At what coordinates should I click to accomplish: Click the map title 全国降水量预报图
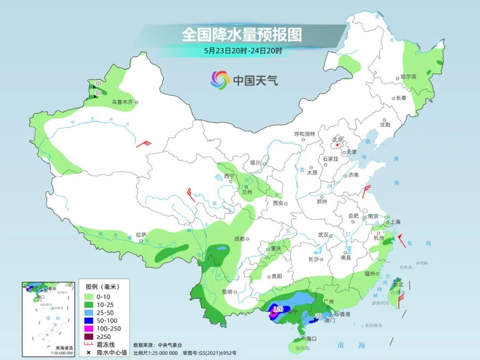coord(242,34)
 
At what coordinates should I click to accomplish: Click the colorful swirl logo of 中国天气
coord(220,80)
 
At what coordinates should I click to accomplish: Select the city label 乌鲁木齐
coord(122,102)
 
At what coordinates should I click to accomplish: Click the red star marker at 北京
coord(338,145)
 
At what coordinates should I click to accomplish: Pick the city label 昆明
coord(227,292)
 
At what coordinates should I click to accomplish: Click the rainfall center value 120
coord(278,309)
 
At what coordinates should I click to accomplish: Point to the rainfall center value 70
coord(318,316)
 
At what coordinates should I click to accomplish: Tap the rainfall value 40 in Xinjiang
coord(98,92)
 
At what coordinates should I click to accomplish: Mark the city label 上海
coord(396,222)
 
